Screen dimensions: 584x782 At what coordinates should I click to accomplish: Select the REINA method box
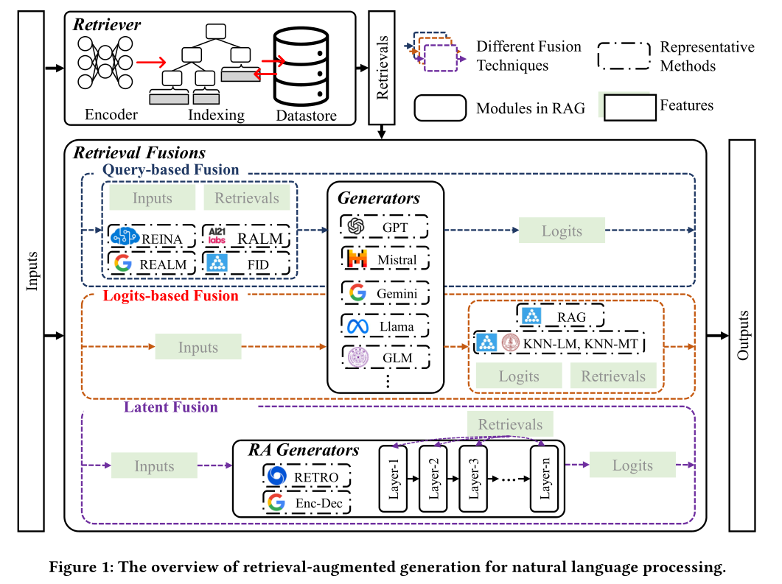click(x=151, y=237)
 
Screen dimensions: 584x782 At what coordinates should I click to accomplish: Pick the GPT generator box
click(x=385, y=227)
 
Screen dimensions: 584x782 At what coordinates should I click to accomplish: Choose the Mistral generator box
click(x=385, y=259)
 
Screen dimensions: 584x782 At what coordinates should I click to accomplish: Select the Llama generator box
click(x=385, y=326)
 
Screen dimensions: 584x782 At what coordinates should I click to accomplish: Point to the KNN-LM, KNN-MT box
click(x=559, y=343)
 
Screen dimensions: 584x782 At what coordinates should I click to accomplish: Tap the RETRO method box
click(x=307, y=477)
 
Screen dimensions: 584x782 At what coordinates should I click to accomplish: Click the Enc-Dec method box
click(x=307, y=503)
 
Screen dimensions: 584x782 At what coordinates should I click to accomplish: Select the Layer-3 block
click(x=472, y=478)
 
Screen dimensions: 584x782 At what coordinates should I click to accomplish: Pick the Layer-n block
click(x=545, y=478)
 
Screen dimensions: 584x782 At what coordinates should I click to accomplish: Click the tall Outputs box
click(x=744, y=335)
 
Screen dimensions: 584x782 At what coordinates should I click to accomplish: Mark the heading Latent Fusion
click(x=170, y=407)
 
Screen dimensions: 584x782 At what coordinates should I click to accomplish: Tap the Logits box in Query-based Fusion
click(x=562, y=231)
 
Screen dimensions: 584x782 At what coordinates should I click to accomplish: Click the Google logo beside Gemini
click(x=357, y=293)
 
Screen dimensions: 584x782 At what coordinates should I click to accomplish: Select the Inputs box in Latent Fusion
click(x=154, y=466)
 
